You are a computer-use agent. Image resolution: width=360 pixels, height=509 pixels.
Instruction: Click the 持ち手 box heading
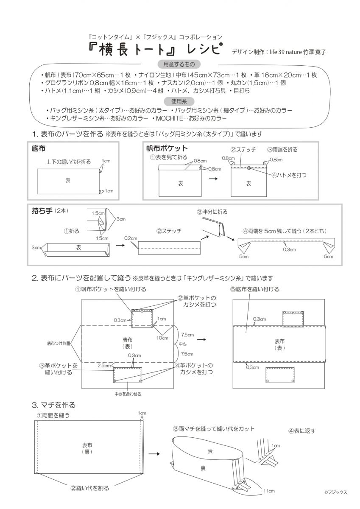(x=41, y=211)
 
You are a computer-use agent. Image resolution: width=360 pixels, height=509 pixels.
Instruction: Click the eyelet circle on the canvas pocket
(x=249, y=168)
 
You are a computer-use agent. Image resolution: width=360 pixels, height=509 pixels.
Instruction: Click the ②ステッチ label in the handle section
(x=169, y=231)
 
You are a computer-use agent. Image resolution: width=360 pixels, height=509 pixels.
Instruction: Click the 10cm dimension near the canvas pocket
(x=162, y=338)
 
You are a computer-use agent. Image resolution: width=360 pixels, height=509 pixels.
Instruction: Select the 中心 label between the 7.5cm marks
(x=183, y=344)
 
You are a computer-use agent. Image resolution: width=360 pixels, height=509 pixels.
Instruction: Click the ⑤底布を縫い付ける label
(x=255, y=289)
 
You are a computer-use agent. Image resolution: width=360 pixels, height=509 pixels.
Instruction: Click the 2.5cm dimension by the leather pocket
(x=104, y=365)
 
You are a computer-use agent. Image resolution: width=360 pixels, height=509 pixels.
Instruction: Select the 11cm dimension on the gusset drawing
(x=269, y=491)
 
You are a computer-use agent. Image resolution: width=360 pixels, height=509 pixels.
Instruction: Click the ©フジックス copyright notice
(x=336, y=492)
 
